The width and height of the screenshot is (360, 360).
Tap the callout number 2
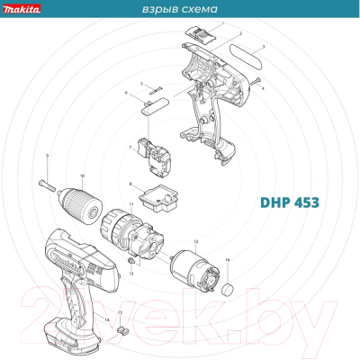coord(240,32)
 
